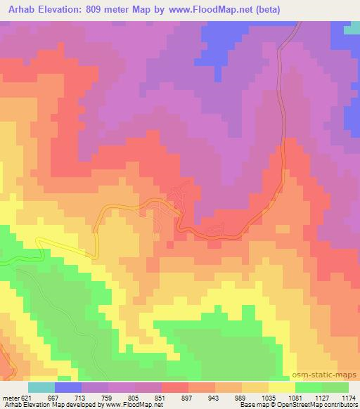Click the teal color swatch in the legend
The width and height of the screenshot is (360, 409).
point(41,387)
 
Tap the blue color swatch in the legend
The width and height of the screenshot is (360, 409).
point(68,387)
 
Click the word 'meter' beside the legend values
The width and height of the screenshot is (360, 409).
point(9,397)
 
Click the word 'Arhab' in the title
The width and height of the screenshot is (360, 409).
point(17,10)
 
